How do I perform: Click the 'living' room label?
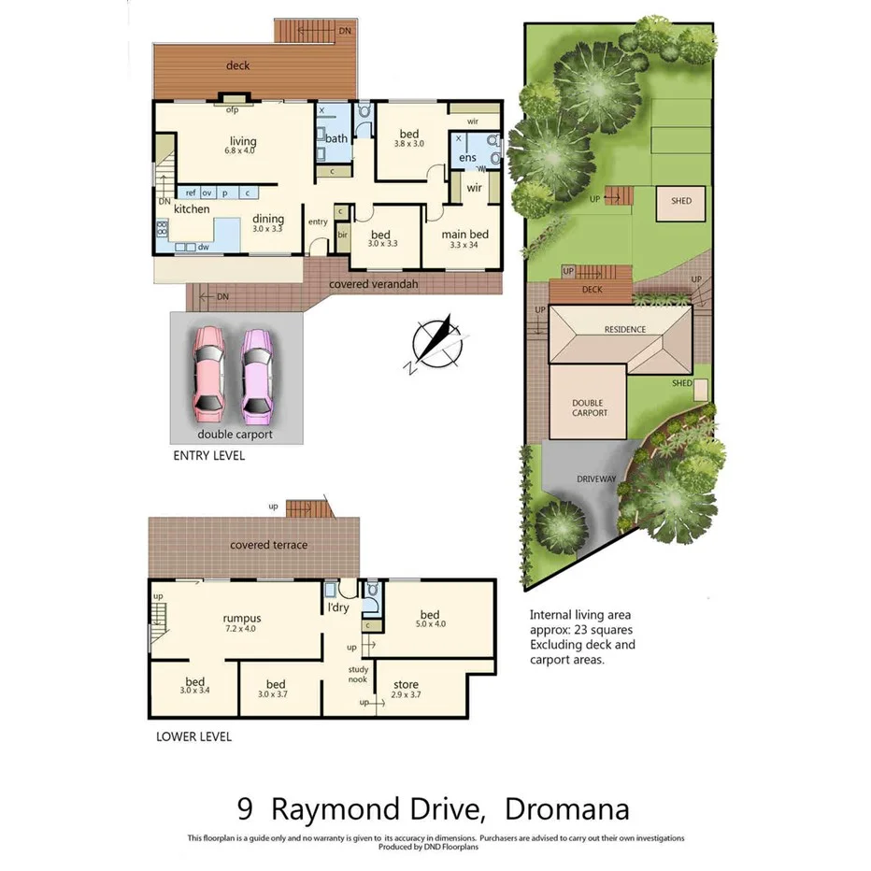click(x=243, y=142)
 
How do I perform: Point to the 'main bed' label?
click(x=464, y=234)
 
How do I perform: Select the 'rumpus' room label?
click(x=241, y=618)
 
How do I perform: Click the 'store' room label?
click(x=406, y=685)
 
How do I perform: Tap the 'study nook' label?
click(x=358, y=674)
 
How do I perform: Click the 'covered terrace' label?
click(x=269, y=545)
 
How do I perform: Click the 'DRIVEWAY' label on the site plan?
click(x=595, y=479)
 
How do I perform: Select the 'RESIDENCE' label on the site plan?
click(x=625, y=330)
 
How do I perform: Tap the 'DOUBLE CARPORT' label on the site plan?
click(x=589, y=407)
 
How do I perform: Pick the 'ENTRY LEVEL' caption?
click(x=209, y=456)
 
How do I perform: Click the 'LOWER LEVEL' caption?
click(x=193, y=736)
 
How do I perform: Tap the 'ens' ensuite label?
click(x=467, y=158)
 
